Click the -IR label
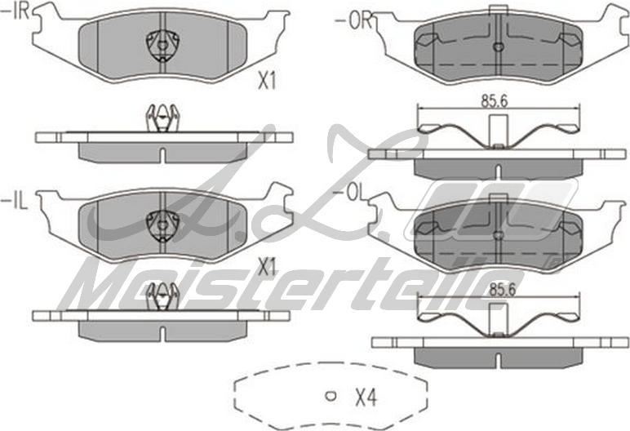pos(16,11)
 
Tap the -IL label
pos(15,201)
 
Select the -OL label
pos(349,193)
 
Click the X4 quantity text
pos(366,398)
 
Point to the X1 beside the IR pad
pos(267,82)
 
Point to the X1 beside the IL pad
pos(268,267)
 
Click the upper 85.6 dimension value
pos(495,101)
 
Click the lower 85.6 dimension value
pos(502,289)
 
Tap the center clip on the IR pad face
pos(162,46)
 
